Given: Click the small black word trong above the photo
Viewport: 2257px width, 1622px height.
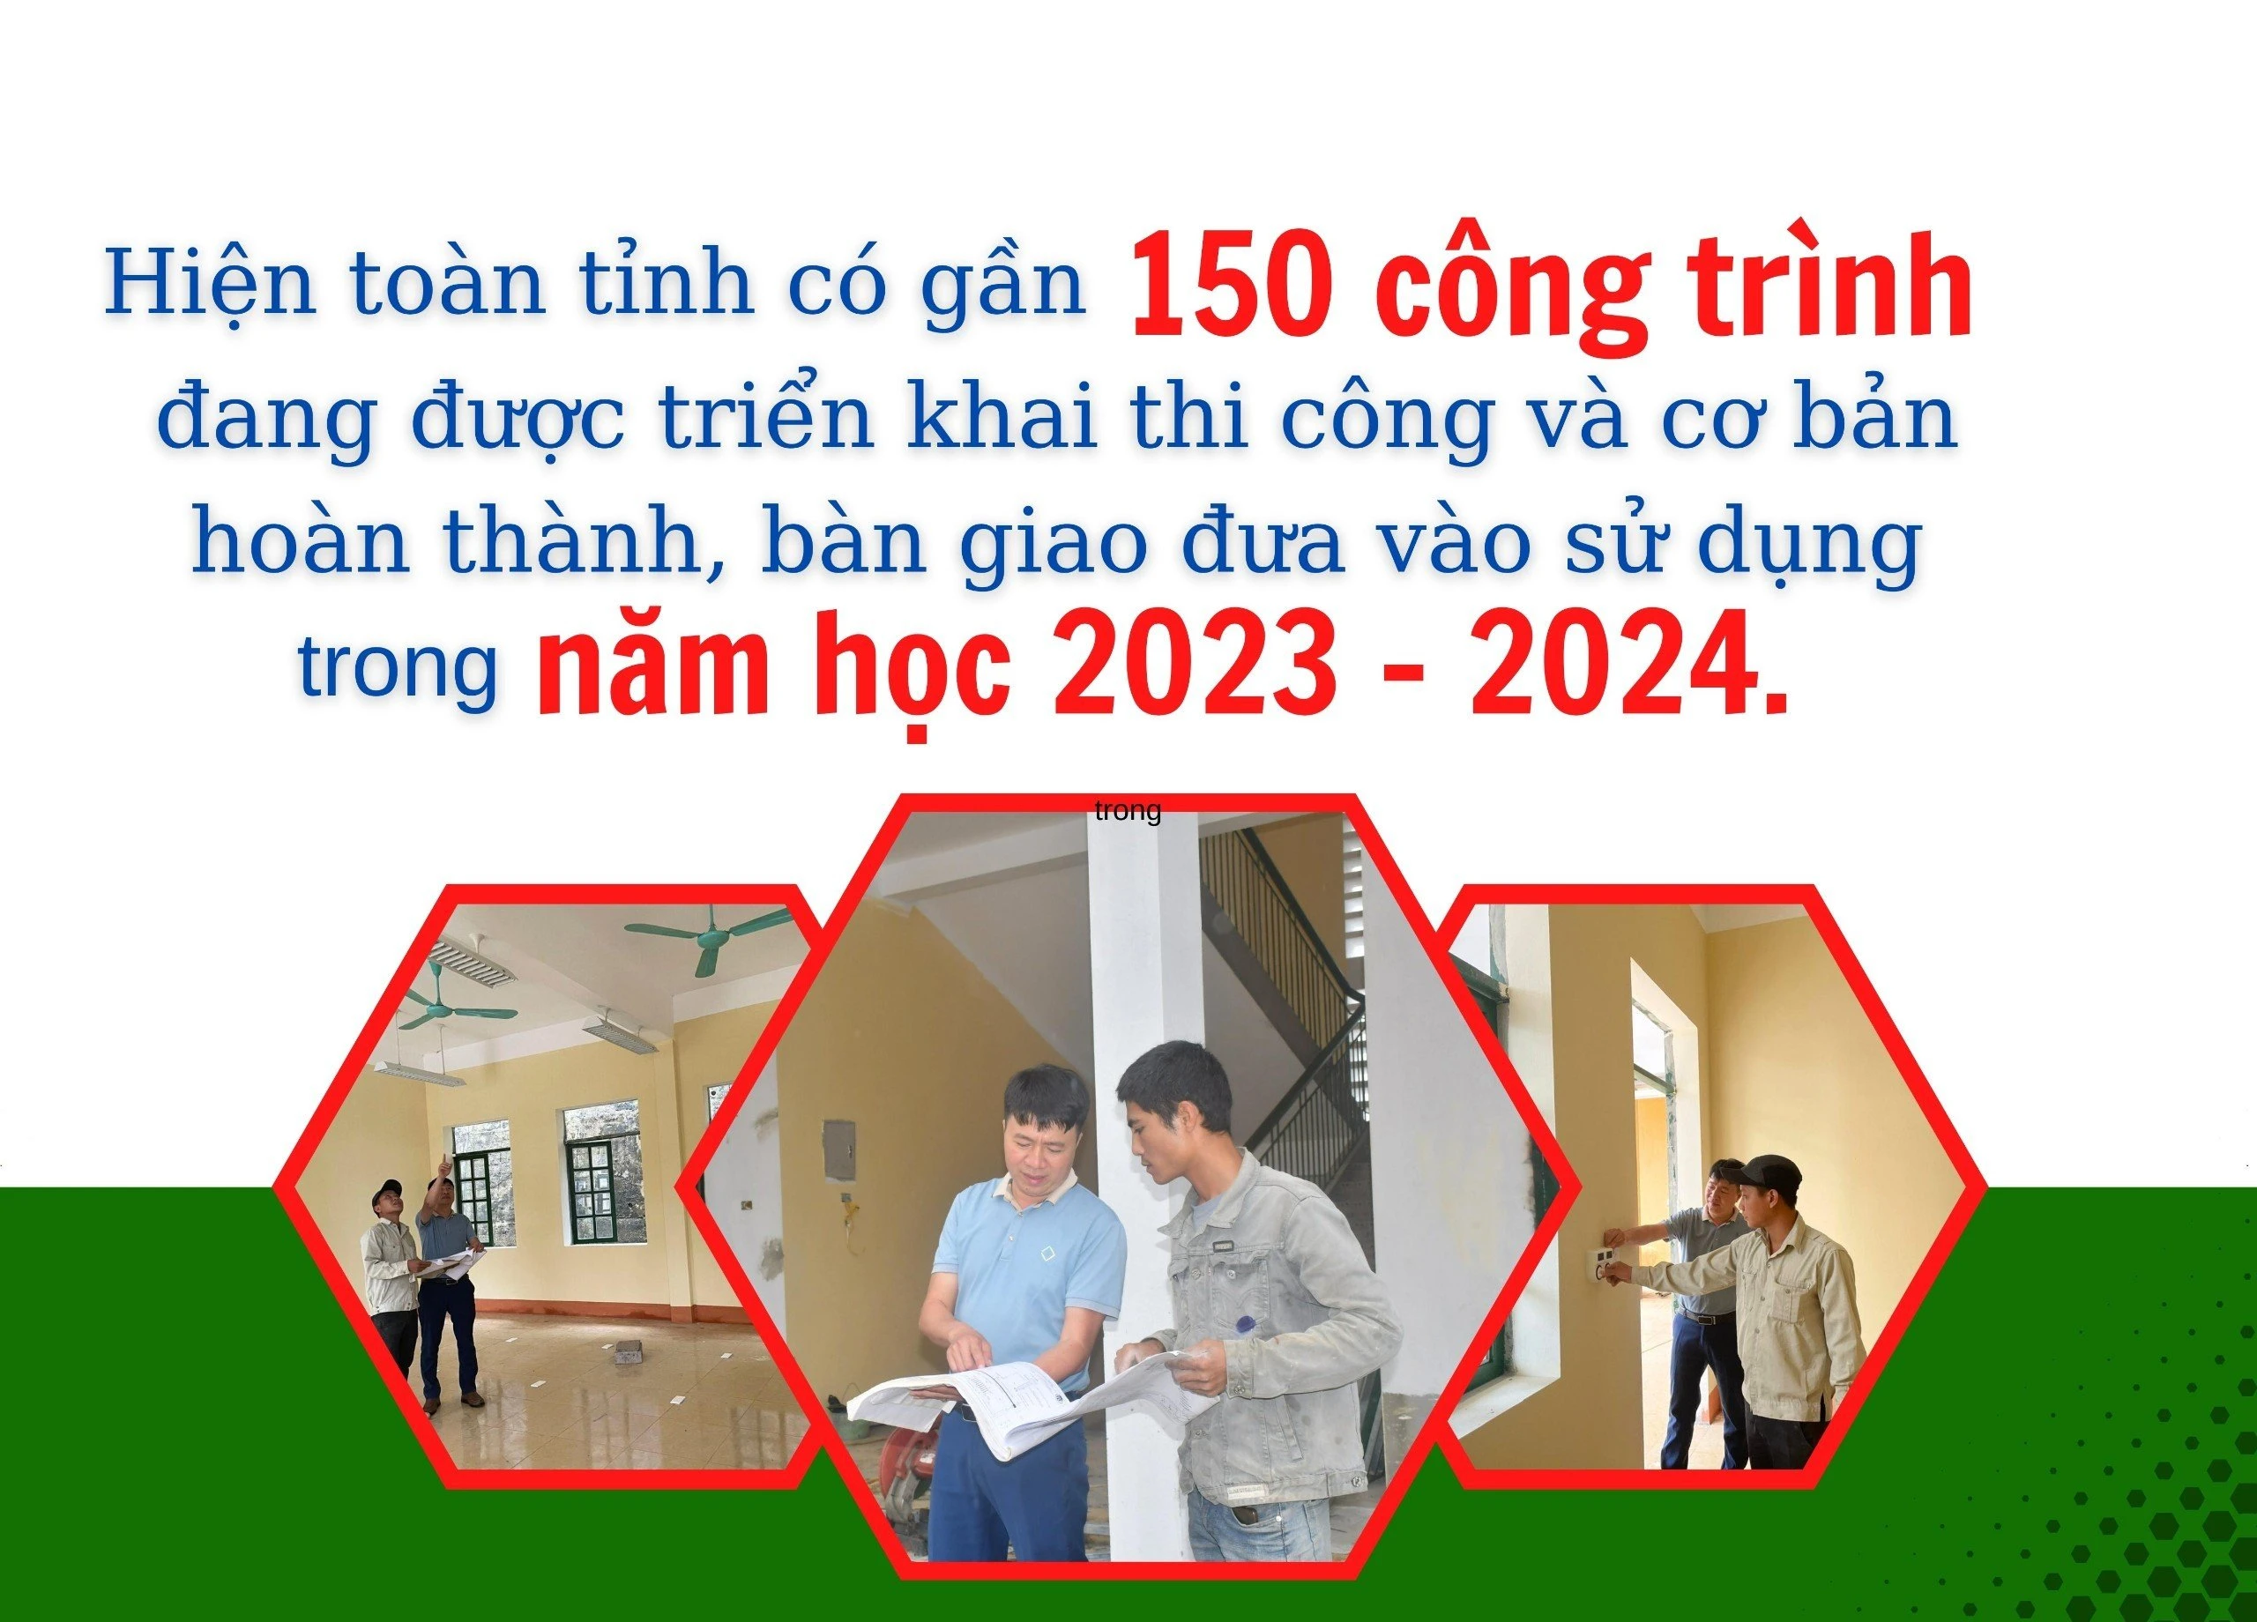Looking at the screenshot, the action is click(x=1128, y=812).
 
